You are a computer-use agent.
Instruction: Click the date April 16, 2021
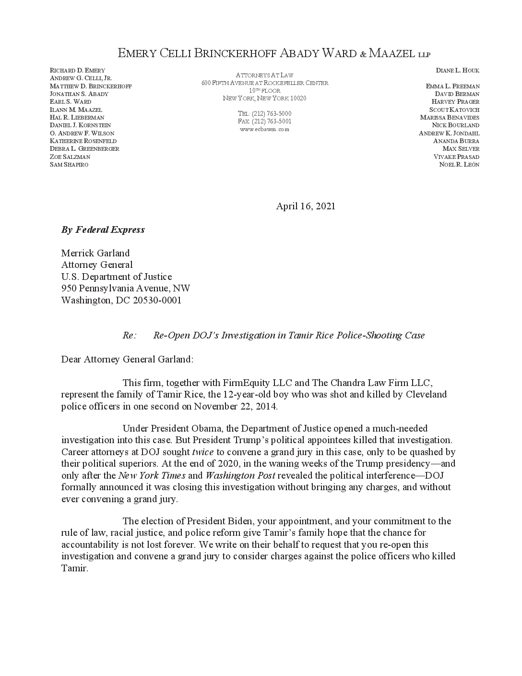pyautogui.click(x=306, y=206)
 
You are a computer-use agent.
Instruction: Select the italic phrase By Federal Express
pyautogui.click(x=103, y=229)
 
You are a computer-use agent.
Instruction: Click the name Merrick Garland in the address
pyautogui.click(x=95, y=253)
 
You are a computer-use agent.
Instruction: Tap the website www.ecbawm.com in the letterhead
pyautogui.click(x=264, y=129)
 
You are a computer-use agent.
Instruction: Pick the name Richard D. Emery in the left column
pyautogui.click(x=77, y=71)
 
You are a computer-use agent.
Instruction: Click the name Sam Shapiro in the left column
pyautogui.click(x=69, y=165)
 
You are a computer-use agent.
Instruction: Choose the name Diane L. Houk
pyautogui.click(x=457, y=71)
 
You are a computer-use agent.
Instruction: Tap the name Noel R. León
pyautogui.click(x=459, y=165)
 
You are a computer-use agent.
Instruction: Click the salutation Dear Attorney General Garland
pyautogui.click(x=127, y=359)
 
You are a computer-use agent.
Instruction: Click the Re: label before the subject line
pyautogui.click(x=130, y=336)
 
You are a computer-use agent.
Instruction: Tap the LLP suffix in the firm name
pyautogui.click(x=424, y=55)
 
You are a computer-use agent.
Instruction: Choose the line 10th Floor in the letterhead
pyautogui.click(x=264, y=91)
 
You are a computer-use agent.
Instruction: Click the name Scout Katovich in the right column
pyautogui.click(x=454, y=110)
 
